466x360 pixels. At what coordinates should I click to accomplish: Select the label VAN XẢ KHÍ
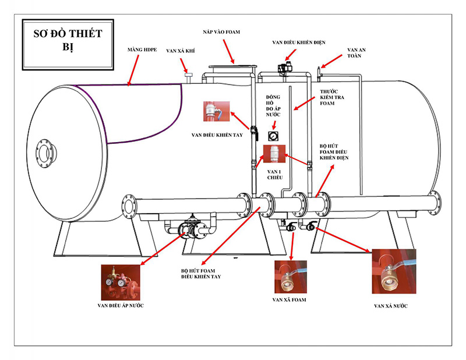coord(180,51)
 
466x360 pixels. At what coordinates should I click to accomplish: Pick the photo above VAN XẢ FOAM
coord(289,276)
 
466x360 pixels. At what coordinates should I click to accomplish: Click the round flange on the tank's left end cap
coord(44,152)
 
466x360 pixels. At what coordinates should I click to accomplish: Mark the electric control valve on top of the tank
coord(285,67)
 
